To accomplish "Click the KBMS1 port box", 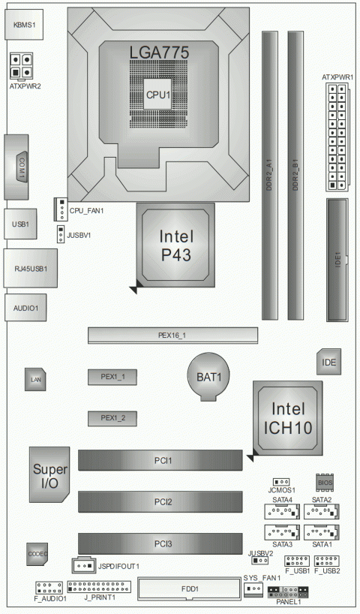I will [24, 25].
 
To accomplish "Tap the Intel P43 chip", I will [175, 246].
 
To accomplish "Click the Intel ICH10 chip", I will [289, 418].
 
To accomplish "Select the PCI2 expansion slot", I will [160, 501].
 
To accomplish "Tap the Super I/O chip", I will [49, 474].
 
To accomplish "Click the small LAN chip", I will [34, 381].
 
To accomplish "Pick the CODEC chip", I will [37, 553].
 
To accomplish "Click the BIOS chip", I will [324, 482].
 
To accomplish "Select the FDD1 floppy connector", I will [190, 589].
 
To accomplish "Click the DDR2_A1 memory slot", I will [268, 176].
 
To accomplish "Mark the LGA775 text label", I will [158, 53].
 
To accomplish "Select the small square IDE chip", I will [328, 363].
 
